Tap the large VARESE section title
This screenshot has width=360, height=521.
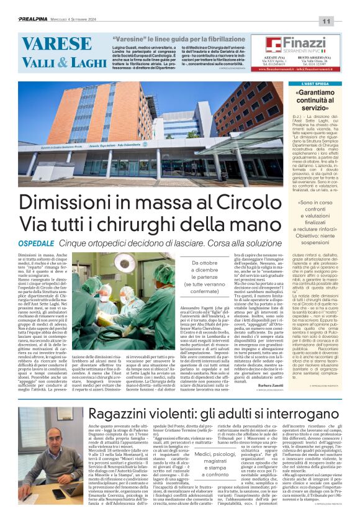click(x=56, y=44)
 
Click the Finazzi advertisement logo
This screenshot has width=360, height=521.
click(x=296, y=44)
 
